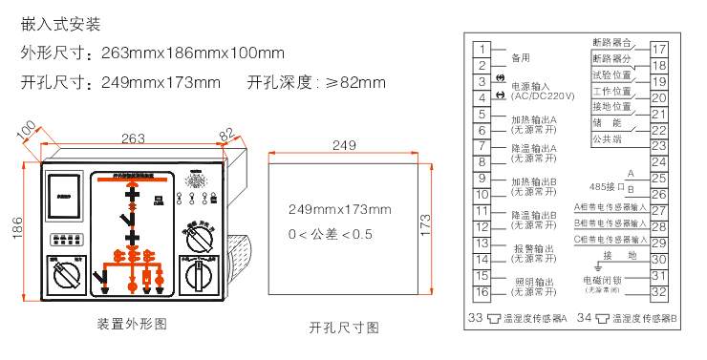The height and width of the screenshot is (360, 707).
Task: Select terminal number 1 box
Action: pos(483,50)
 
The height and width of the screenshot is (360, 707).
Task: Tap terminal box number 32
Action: pos(659,292)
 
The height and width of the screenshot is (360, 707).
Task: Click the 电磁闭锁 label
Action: pos(604,281)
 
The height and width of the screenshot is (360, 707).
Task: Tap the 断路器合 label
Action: pos(611,43)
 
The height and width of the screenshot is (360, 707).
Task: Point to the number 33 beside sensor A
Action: pos(475,317)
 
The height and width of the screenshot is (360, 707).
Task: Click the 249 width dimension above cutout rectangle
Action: pos(344,145)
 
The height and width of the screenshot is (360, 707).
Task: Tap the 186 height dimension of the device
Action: pos(16,229)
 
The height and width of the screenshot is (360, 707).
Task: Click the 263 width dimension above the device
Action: pos(133,138)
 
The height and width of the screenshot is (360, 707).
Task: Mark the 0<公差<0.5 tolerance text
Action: pos(331,234)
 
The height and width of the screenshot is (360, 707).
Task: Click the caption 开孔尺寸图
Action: pos(344,328)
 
